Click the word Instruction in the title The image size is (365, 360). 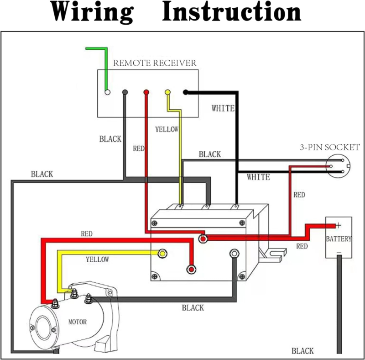232,13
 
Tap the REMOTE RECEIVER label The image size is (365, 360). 155,63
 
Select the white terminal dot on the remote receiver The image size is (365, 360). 107,92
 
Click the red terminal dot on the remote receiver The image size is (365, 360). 146,92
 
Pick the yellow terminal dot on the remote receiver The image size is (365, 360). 167,92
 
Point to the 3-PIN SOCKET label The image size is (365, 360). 329,147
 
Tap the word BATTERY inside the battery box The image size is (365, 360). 339,239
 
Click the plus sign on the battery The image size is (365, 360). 339,225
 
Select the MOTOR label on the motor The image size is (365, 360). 78,322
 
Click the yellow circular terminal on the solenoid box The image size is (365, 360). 162,253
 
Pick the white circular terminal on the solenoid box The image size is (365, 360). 235,253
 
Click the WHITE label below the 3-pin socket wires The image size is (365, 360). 258,177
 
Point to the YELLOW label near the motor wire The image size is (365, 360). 97,259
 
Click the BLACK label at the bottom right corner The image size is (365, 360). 302,351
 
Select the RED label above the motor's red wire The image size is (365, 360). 87,234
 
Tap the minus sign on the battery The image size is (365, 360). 339,252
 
